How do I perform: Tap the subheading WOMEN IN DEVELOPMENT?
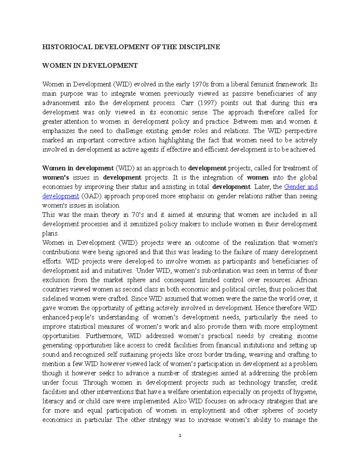click(x=90, y=65)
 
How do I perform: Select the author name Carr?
click(x=187, y=103)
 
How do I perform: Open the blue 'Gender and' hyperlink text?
click(x=301, y=187)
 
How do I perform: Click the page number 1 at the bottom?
click(x=180, y=435)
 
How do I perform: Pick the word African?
click(x=306, y=280)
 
